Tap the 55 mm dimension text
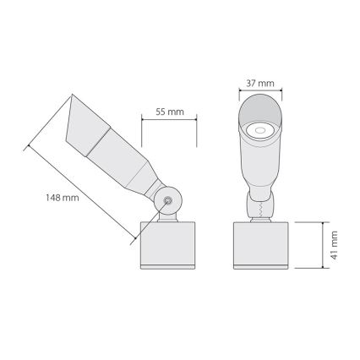(172, 112)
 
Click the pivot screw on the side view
(168, 201)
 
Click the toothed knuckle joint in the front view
(261, 205)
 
